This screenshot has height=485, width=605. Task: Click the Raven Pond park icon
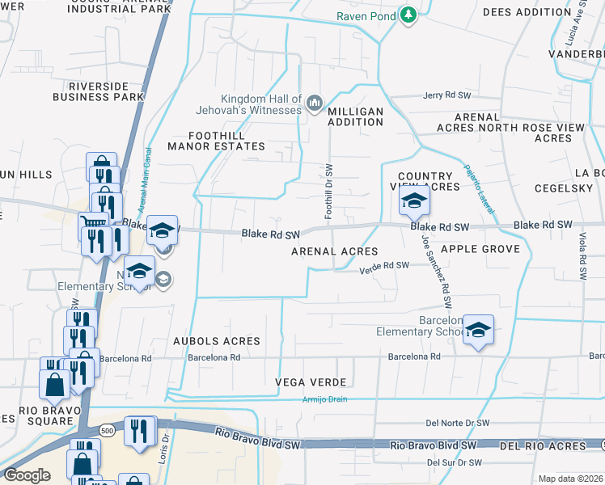click(408, 15)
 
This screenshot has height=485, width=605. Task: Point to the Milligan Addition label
click(355, 116)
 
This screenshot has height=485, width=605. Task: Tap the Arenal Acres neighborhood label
click(335, 251)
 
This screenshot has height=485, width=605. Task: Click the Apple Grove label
click(480, 249)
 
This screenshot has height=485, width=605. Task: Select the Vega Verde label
click(311, 382)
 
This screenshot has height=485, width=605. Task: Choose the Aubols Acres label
click(217, 341)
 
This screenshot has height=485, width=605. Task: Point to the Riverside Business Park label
click(99, 91)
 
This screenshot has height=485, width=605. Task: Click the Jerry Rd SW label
click(446, 95)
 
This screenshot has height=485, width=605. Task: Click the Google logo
click(27, 475)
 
